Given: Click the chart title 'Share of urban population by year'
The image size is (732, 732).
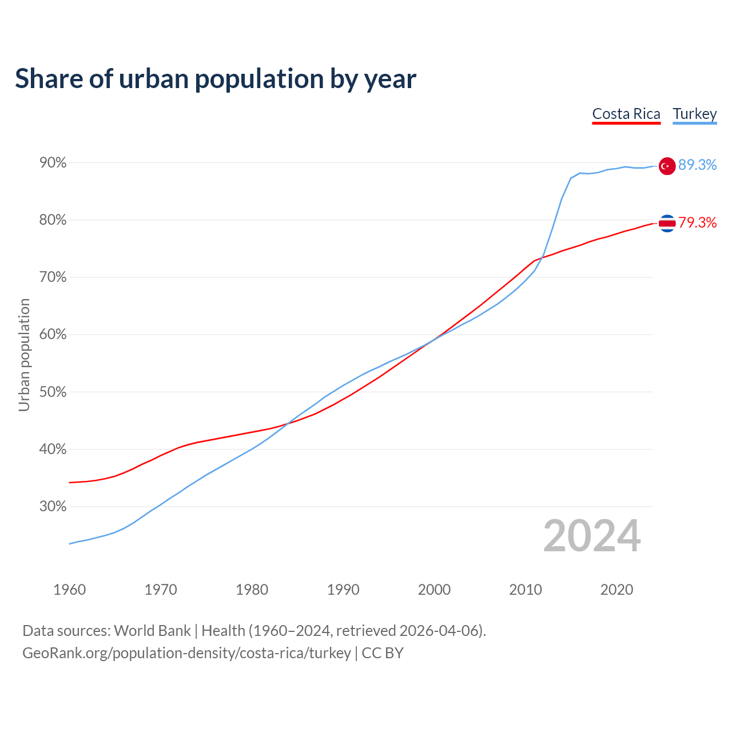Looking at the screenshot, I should point(216,79).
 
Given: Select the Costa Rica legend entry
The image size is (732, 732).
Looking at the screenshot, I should point(626,114).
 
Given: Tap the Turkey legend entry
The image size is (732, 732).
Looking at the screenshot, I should point(695,114).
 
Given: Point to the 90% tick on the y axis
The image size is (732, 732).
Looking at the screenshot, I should point(53,163).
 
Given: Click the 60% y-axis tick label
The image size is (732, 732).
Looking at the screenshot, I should point(53,335).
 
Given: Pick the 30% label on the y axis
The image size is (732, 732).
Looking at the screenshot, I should point(53,507).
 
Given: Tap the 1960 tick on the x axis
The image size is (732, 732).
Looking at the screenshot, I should point(69,590).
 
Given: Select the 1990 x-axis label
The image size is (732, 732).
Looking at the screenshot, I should point(343,590).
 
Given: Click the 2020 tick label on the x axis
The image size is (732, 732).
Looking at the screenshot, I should point(616,590).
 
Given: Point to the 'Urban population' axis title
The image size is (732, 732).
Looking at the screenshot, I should point(24,355).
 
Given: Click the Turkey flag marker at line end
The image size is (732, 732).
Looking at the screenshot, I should point(667,166).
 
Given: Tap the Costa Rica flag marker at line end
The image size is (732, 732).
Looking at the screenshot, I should point(667,223).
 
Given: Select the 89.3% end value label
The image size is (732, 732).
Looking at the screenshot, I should point(697,165).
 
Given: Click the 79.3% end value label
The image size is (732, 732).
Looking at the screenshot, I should point(697,222).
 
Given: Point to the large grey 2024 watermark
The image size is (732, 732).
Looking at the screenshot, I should point(592,536).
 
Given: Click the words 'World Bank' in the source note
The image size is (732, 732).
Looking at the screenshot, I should point(152,631).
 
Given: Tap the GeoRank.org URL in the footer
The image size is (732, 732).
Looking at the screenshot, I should point(186,653).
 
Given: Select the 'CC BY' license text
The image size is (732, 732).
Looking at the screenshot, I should point(383,653).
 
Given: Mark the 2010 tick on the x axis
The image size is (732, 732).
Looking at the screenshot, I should point(526,590).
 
